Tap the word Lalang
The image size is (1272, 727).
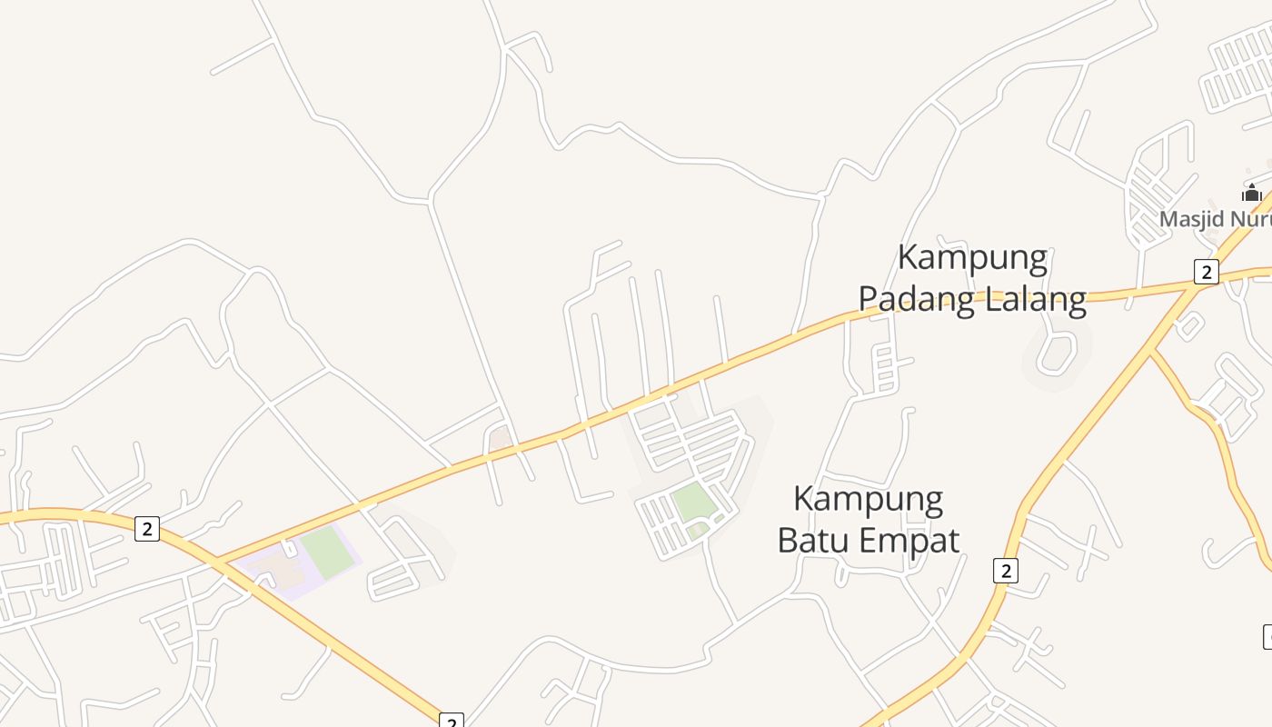point(1032,299)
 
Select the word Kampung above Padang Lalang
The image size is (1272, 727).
point(972,258)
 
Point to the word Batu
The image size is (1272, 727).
point(814,540)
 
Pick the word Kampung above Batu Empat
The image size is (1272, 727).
point(868,499)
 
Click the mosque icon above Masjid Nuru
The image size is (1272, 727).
point(1251,193)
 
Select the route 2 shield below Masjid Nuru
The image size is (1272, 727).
point(1206,272)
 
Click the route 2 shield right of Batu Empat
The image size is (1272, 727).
point(1005,571)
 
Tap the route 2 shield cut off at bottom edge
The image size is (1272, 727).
point(451,721)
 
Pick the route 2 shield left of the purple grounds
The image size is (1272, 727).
point(147,528)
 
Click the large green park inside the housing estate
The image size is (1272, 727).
point(692,501)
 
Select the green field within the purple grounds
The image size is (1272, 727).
point(327,553)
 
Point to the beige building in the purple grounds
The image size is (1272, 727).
point(282,569)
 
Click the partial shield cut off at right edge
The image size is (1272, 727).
point(1267,636)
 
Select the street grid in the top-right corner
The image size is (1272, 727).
point(1237,68)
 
